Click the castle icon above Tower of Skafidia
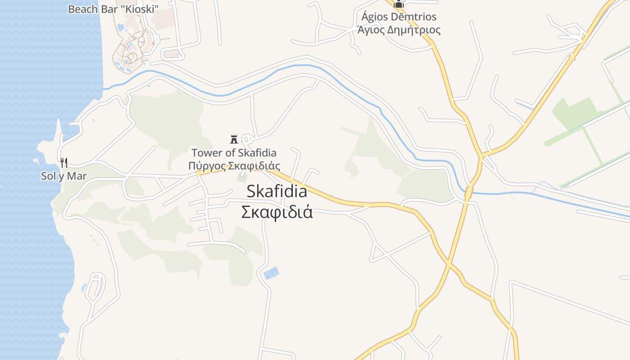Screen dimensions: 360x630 coord(234,139)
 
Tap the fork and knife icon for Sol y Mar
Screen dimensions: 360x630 coord(64,162)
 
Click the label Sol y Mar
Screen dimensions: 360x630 coord(63,176)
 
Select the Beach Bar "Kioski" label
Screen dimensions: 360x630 coord(113,9)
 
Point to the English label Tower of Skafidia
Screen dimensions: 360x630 coord(234,153)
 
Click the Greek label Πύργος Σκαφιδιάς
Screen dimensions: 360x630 coord(234,166)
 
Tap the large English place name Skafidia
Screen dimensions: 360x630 coord(277,192)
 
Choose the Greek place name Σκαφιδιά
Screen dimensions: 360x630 coord(277,212)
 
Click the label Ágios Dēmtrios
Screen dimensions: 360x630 coord(399,17)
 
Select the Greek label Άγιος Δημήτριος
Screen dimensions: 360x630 coord(399,30)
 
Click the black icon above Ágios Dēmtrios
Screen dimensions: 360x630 coord(399,4)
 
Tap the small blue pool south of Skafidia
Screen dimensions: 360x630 coord(271,273)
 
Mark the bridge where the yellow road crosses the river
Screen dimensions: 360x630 coord(468,193)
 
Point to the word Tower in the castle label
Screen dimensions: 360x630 coord(207,153)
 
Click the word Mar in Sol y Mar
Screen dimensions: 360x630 coord(77,176)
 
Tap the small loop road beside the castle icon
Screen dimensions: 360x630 coord(247,139)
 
